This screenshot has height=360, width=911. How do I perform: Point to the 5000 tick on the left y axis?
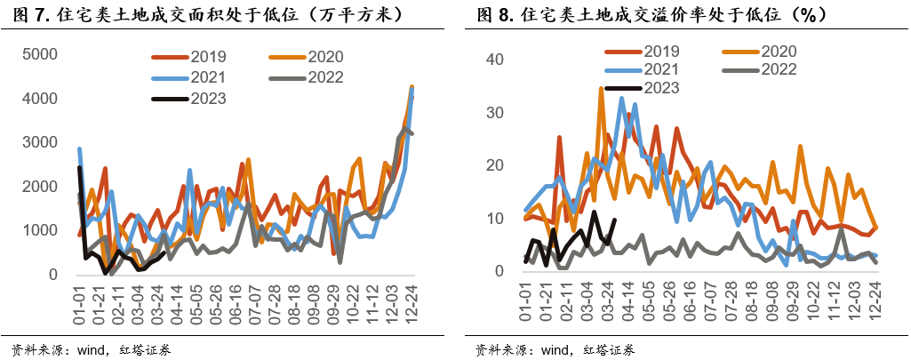(x=40, y=54)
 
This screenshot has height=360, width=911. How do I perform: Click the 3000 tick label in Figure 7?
(x=40, y=142)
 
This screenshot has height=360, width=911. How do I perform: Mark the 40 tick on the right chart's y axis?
(x=494, y=60)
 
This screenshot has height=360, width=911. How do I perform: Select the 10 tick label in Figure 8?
(x=494, y=219)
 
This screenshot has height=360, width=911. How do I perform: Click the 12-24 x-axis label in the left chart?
(x=411, y=305)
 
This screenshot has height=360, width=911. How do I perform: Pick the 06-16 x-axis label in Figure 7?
(x=236, y=305)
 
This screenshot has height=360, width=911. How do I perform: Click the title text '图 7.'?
(x=22, y=15)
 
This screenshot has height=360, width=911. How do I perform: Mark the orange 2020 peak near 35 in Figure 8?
(x=602, y=88)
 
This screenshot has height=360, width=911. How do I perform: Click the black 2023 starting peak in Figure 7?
(x=80, y=167)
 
